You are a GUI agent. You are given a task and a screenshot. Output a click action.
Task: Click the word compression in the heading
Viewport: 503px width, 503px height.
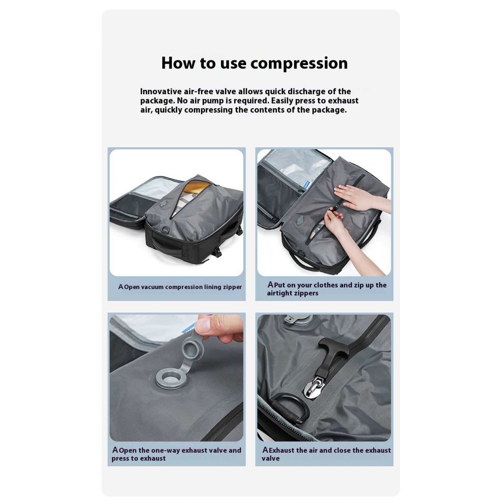pos(299,63)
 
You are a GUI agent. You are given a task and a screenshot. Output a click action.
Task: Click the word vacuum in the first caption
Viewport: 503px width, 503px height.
pos(152,287)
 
